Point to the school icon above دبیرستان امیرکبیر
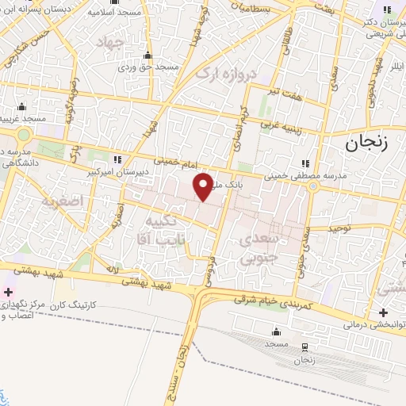pyautogui.click(x=118, y=160)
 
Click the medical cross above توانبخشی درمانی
pyautogui.click(x=383, y=312)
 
